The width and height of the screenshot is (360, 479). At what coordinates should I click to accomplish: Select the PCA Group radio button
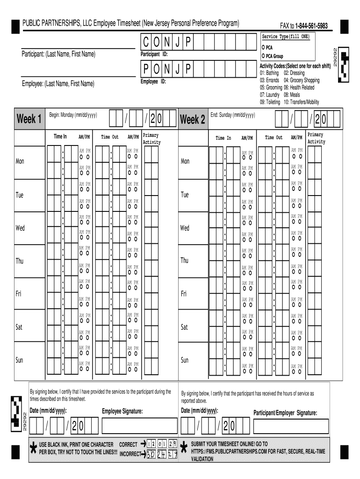tap(264, 56)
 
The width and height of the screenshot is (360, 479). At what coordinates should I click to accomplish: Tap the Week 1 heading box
tap(29, 119)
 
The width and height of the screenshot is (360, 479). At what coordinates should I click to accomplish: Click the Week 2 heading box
tap(193, 120)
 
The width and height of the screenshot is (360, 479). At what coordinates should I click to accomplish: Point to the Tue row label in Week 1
tap(19, 195)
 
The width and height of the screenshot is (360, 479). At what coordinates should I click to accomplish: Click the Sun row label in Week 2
tap(185, 360)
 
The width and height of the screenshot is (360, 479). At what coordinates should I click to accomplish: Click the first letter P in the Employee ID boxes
tap(146, 70)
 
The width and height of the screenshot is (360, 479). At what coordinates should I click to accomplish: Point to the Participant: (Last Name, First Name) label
tap(58, 55)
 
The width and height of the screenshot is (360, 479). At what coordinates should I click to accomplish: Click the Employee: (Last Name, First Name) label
tap(58, 84)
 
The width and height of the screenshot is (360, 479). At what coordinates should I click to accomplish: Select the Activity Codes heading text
tap(289, 66)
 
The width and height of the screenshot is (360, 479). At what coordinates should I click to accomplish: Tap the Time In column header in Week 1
tap(60, 137)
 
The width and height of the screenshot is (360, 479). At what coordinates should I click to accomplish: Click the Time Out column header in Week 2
tap(274, 138)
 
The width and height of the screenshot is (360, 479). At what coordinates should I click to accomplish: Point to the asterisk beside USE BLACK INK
tap(33, 448)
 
